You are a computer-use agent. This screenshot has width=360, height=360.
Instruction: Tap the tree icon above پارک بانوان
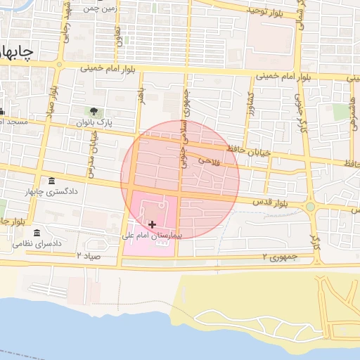[x=94, y=111]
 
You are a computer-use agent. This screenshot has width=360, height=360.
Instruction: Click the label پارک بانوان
[x=94, y=122]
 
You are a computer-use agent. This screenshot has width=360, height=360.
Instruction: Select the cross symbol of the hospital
[x=153, y=224]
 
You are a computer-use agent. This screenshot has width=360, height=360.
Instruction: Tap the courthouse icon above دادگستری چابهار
[x=51, y=181]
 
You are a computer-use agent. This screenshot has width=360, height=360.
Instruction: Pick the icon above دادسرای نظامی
[x=37, y=233]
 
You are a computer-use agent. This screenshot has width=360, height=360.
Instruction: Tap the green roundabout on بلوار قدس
[x=310, y=207]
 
